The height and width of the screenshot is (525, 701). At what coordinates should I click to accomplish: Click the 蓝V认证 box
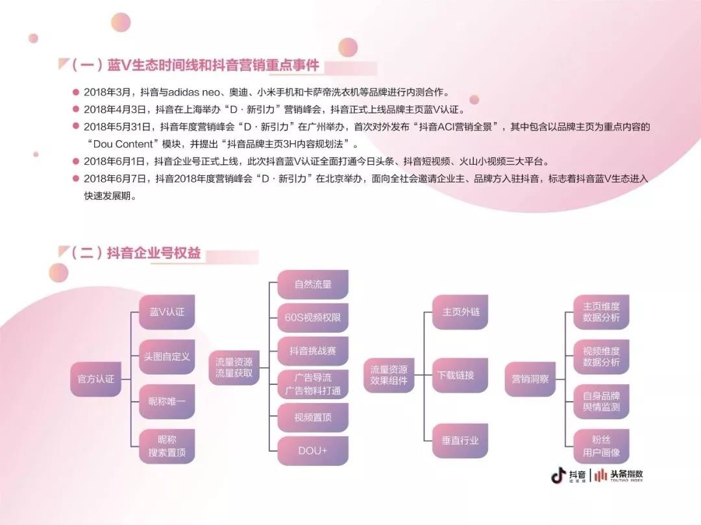[167, 312]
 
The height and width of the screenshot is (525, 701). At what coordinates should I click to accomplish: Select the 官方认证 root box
[95, 379]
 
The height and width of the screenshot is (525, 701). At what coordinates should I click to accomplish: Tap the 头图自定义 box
[167, 356]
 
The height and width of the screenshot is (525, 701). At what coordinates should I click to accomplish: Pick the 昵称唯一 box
[167, 401]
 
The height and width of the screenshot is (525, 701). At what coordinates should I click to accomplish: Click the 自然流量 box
[313, 284]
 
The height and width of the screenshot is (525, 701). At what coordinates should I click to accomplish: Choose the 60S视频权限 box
[313, 318]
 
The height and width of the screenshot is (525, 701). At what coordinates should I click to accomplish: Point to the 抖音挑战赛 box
[313, 350]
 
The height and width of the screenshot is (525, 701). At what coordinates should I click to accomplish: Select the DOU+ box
[313, 451]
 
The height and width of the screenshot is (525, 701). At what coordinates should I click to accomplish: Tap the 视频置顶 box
[313, 417]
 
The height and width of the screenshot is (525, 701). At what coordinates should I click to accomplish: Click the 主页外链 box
[460, 312]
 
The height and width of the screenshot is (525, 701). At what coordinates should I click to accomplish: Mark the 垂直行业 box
[460, 441]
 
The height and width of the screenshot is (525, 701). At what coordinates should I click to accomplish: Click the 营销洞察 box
[530, 379]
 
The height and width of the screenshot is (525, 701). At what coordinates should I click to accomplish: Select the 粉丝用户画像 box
[601, 446]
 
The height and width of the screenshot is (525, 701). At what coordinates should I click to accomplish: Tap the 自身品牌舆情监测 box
[601, 401]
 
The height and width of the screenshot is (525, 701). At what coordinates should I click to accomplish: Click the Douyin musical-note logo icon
[558, 476]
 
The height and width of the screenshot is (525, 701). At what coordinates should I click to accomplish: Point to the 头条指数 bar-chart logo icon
[600, 475]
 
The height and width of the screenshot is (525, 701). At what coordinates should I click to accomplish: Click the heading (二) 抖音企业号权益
[136, 253]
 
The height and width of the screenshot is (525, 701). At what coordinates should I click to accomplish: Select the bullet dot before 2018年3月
[76, 92]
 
